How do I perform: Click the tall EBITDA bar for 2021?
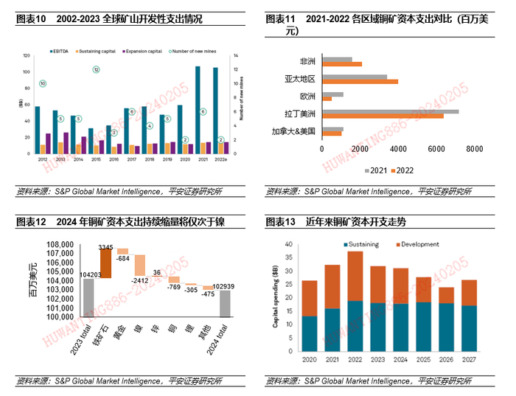(198, 109)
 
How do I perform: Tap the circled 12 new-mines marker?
(96, 69)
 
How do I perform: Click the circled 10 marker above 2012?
(43, 84)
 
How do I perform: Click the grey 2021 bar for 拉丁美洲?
(391, 111)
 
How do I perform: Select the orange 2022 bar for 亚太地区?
(361, 81)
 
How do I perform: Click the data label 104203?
(88, 273)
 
